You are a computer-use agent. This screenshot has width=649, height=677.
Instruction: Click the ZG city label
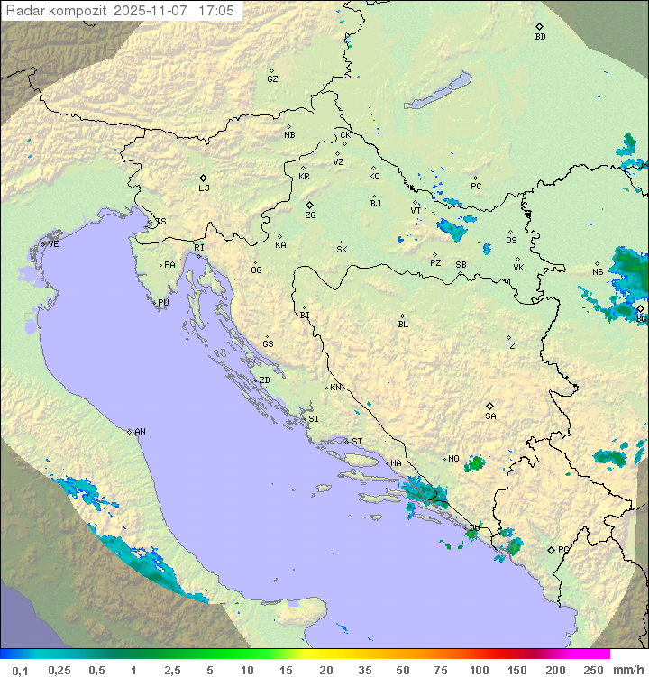click(x=310, y=216)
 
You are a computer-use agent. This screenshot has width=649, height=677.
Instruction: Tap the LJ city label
click(x=204, y=188)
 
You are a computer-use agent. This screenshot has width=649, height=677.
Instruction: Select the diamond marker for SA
click(x=490, y=406)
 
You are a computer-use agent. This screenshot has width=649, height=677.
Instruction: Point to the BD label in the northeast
click(x=540, y=37)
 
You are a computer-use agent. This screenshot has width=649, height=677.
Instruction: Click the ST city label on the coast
click(x=357, y=442)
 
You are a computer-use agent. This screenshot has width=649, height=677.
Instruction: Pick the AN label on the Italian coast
click(x=140, y=432)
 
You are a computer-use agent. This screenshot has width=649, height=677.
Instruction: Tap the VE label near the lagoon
click(x=53, y=244)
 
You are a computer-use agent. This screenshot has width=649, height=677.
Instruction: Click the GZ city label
click(x=272, y=79)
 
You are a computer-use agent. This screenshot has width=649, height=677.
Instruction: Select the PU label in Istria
click(x=163, y=303)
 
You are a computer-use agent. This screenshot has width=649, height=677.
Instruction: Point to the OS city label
click(x=511, y=241)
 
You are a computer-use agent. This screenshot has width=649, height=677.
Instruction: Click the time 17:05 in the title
click(x=216, y=11)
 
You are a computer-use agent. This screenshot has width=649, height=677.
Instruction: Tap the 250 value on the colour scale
click(x=593, y=670)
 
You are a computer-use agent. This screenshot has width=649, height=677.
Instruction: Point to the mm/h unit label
click(x=627, y=670)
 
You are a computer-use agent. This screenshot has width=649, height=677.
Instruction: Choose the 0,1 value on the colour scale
click(x=20, y=670)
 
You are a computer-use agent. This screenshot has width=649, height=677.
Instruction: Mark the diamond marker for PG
click(x=552, y=549)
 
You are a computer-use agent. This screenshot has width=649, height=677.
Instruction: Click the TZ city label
click(x=510, y=346)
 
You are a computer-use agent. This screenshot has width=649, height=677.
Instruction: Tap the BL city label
click(x=403, y=325)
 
